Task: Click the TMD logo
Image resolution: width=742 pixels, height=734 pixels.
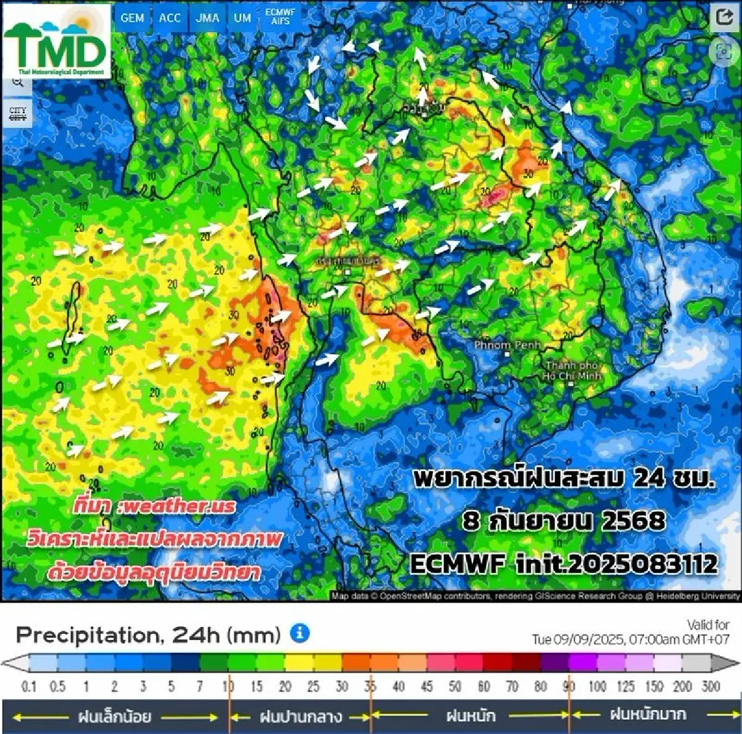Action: [57, 42]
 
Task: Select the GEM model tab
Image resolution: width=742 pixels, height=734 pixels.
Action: [132, 17]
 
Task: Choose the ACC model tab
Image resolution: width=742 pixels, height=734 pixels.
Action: [169, 17]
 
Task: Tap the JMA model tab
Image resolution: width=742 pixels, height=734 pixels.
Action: [207, 17]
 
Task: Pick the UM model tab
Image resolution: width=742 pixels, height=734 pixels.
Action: [242, 17]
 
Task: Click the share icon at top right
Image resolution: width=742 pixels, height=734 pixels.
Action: [723, 17]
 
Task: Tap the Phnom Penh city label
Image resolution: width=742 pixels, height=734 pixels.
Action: [507, 345]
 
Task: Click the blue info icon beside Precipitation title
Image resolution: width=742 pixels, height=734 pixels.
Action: [300, 633]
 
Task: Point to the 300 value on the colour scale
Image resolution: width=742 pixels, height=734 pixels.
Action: [711, 686]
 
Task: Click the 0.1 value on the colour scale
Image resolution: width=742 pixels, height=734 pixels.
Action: [29, 686]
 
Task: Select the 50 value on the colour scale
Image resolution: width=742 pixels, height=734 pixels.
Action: [455, 686]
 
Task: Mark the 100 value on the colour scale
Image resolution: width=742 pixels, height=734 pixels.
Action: [597, 686]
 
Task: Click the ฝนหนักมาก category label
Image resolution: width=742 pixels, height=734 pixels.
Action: [647, 715]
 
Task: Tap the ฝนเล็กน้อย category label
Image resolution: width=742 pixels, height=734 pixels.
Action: [115, 717]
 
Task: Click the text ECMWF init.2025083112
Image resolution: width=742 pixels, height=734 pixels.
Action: [563, 563]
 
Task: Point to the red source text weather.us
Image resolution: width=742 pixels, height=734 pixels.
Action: [155, 507]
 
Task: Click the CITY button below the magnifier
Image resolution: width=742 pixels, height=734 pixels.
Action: [18, 114]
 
